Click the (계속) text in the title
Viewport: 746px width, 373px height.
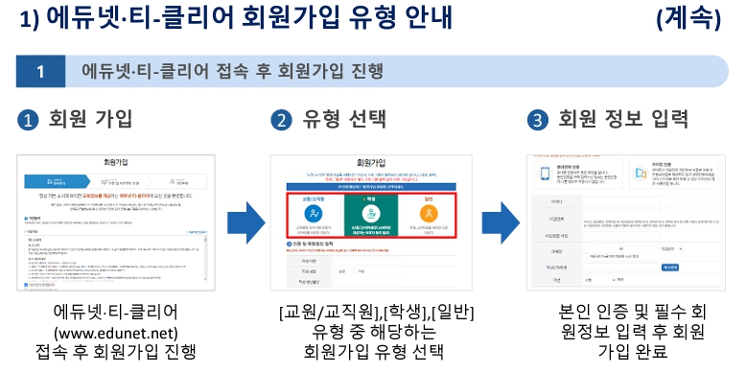(693, 18)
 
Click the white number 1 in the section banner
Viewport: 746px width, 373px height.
(40, 72)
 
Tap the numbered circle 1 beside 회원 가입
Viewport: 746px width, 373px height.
(30, 121)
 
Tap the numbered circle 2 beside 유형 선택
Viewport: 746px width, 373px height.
(281, 121)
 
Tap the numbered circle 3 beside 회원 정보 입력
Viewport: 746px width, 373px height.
(538, 121)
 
